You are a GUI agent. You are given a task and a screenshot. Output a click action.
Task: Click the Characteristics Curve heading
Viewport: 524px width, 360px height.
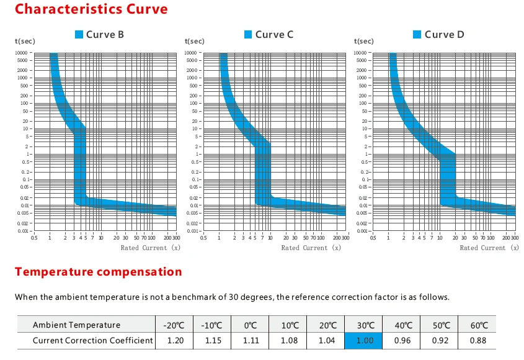click(91, 9)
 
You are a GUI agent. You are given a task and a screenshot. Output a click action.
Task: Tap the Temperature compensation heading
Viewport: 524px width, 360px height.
click(99, 272)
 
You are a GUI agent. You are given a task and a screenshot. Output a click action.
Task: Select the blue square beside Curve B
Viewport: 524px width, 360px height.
click(79, 34)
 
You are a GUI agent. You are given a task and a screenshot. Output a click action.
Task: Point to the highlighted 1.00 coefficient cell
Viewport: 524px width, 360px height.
click(365, 340)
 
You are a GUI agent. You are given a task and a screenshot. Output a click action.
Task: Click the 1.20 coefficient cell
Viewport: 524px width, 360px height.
click(174, 340)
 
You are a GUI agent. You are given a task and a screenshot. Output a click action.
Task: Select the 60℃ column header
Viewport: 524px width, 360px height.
click(479, 325)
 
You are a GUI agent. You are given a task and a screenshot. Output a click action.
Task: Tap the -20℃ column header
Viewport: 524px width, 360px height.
click(174, 325)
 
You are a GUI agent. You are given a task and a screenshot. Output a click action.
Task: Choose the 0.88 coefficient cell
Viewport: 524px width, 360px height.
click(479, 340)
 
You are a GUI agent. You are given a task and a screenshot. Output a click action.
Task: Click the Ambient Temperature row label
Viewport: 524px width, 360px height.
click(77, 325)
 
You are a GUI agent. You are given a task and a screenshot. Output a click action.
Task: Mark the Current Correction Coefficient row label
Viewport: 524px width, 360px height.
click(92, 340)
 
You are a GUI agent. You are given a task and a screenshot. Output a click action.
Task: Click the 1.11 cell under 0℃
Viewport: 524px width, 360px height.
click(251, 340)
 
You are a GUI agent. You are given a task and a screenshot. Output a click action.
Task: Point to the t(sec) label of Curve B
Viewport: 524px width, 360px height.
click(25, 41)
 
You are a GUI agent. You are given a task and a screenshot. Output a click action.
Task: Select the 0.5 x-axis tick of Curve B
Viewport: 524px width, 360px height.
click(33, 238)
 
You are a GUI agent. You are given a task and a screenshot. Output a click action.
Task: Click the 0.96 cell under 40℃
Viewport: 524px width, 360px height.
click(403, 340)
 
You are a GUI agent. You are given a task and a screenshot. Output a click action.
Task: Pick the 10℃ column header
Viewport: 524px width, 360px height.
click(289, 325)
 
